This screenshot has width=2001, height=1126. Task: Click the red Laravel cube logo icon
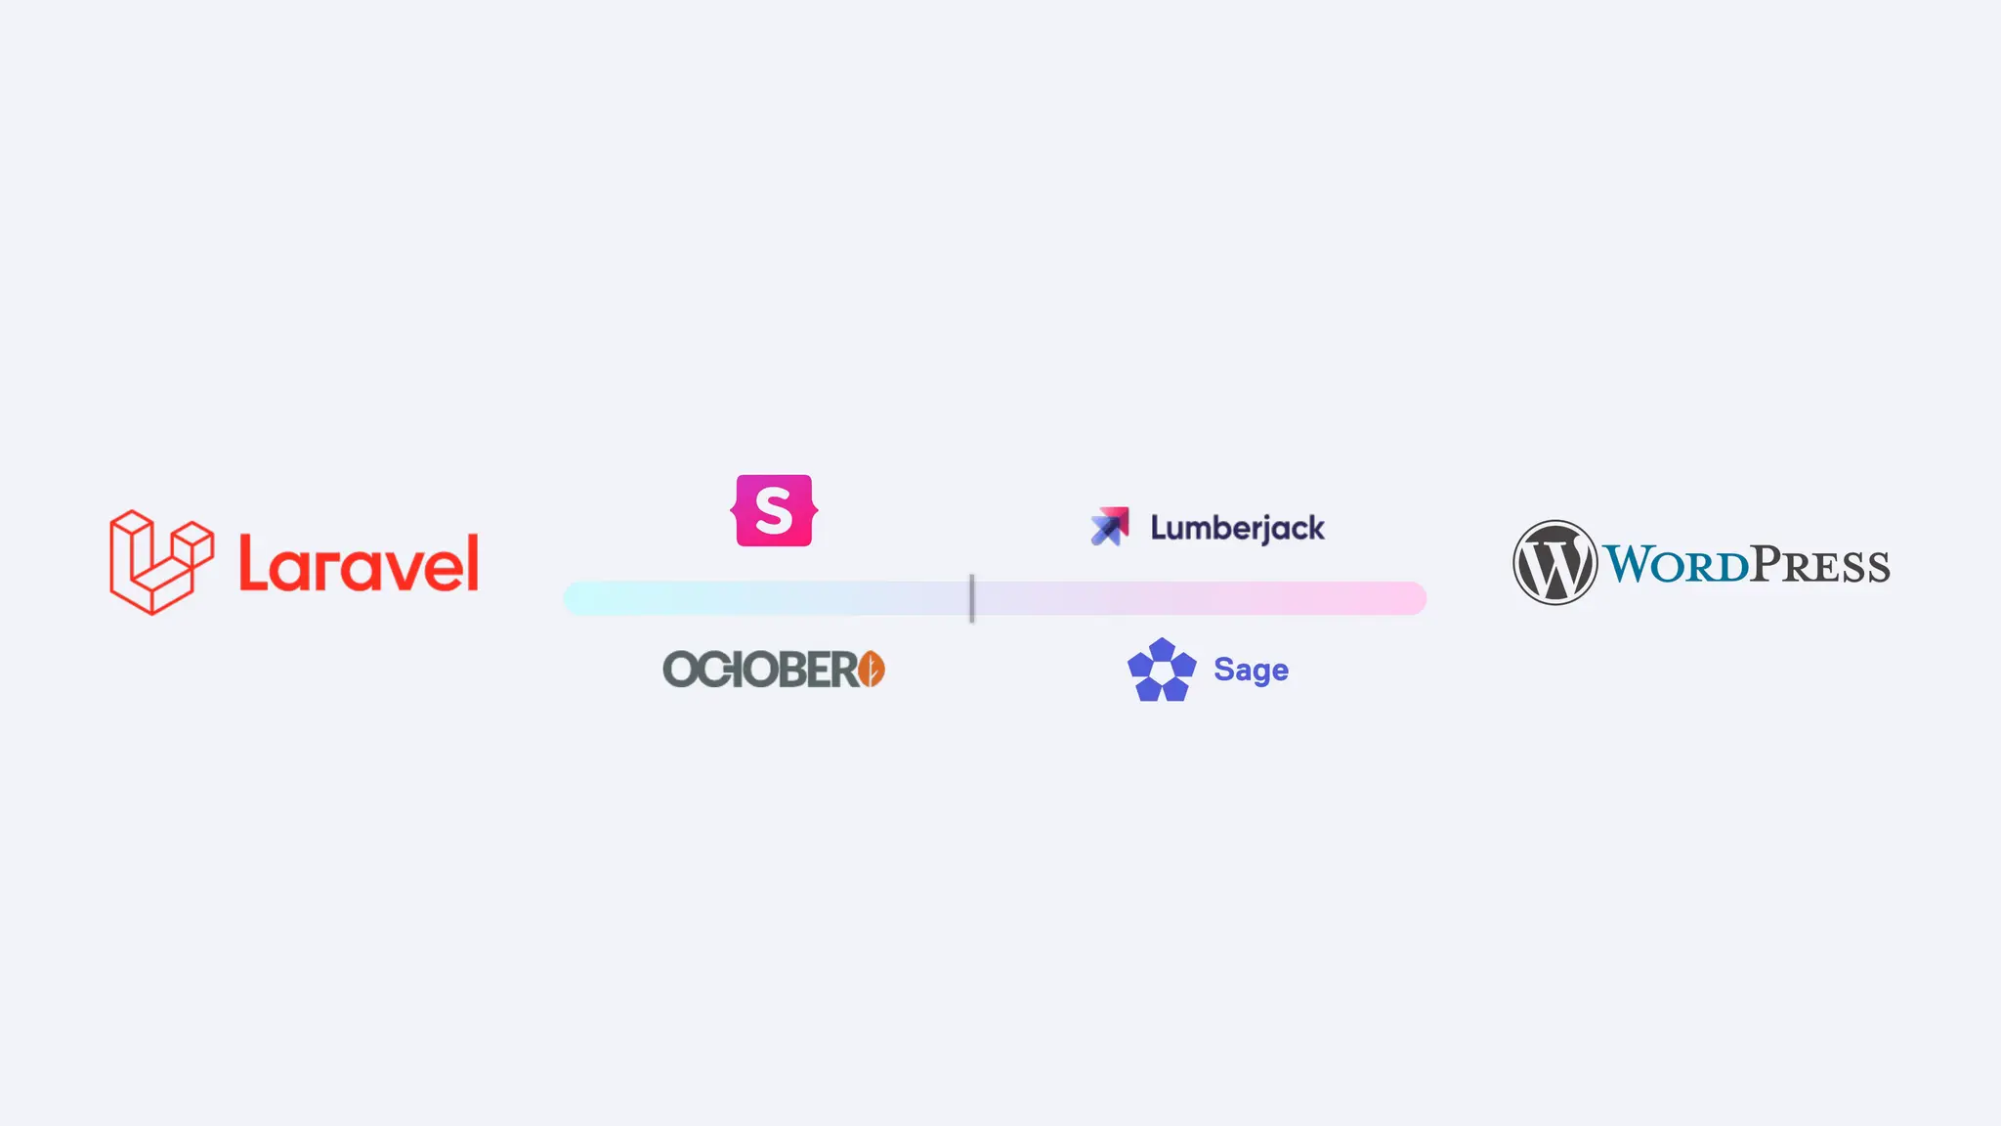160,562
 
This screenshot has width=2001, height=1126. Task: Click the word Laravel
359,564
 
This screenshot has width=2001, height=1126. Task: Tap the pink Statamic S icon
774,510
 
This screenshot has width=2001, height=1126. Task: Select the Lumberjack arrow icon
1109,526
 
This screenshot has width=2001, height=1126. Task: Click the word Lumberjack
1237,528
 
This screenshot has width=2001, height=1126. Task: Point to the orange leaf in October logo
873,670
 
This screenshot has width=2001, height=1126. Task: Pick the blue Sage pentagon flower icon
1162,670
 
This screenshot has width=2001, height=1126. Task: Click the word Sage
1251,670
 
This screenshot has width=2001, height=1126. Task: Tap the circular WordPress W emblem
1554,563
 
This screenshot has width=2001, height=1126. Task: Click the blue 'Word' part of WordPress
1675,565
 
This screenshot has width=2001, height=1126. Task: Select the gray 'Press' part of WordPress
1820,565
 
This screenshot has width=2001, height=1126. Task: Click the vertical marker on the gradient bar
971,598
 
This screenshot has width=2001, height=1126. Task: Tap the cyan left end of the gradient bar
582,598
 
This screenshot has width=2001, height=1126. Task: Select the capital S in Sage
1223,670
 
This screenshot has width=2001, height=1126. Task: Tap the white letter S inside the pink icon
774,511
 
